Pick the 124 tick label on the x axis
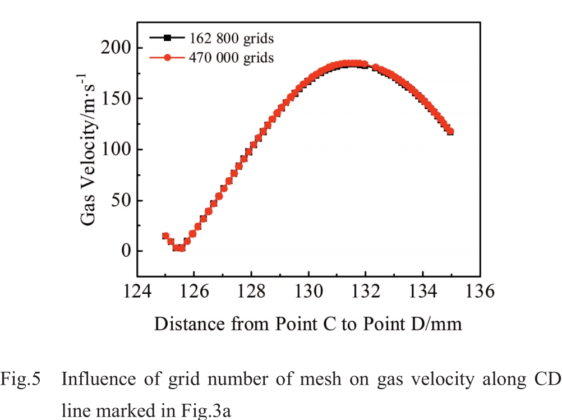point(136,292)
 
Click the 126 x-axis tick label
point(194,292)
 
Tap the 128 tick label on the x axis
point(251,292)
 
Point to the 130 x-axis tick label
point(308,292)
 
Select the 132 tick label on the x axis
point(365,292)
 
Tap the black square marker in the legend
point(167,38)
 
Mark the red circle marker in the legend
point(167,57)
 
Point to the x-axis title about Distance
point(308,324)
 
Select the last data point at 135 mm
point(450,131)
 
